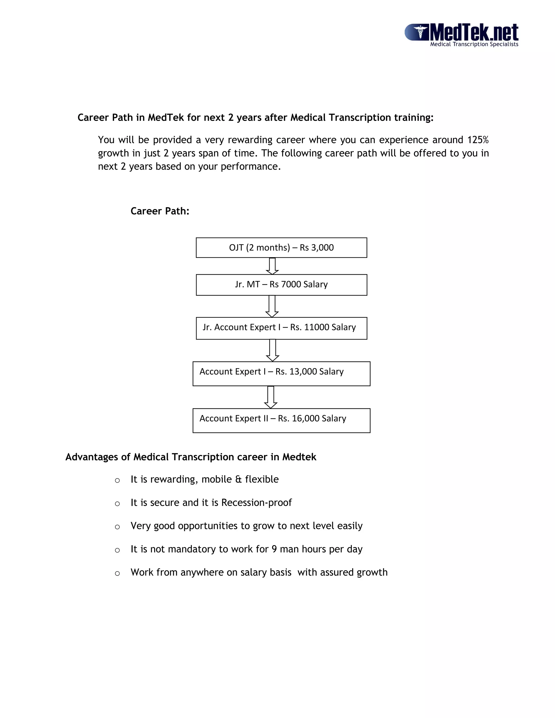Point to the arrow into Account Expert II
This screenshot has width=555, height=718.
pos(271,397)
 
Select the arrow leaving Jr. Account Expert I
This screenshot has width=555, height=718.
pos(272,350)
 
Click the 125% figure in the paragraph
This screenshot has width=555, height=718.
pos(478,140)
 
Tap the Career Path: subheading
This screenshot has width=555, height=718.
pos(160,211)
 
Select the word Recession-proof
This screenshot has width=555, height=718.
pos(256,503)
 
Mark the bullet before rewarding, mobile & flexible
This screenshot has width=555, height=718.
pos(117,481)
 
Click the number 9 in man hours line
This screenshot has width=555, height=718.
pos(274,549)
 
